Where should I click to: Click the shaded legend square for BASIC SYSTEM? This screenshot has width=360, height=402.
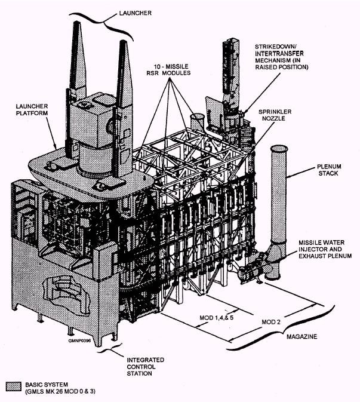click(12, 385)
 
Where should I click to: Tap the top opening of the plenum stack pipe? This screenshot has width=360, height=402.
click(278, 149)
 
